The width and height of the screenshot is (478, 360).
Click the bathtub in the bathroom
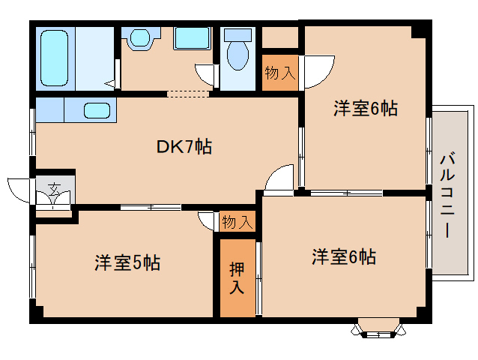coord(54,58)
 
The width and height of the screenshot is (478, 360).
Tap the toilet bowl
coord(238,55)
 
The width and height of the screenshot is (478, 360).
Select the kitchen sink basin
coord(97,110)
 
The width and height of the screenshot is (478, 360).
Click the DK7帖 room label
coord(184,147)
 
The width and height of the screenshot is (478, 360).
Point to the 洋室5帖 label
coord(127,262)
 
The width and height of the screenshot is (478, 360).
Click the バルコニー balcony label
coord(447,196)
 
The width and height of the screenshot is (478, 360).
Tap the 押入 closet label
coord(237,277)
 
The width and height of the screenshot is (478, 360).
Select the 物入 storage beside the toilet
coord(280,73)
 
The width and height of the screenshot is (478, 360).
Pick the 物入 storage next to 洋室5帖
coord(238,222)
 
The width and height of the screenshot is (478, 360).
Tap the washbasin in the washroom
coord(140,37)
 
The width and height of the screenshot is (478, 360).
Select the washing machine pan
coord(193,38)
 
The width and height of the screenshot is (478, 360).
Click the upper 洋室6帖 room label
coord(366,108)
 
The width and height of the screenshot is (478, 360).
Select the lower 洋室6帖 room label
coord(344,256)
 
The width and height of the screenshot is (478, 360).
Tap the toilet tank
coord(238,35)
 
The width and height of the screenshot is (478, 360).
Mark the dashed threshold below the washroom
coord(188,94)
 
